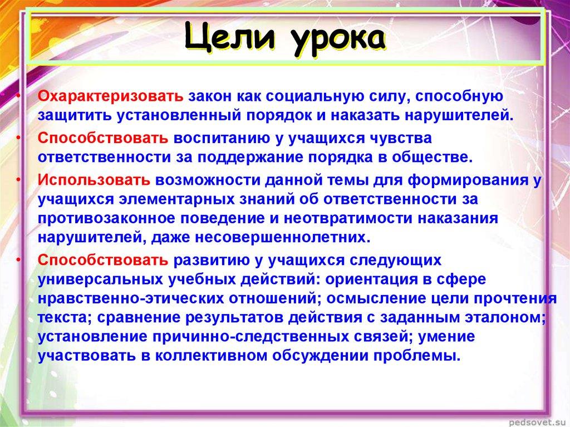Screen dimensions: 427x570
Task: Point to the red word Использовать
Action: (x=94, y=181)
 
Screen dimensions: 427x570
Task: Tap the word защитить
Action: (x=72, y=115)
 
